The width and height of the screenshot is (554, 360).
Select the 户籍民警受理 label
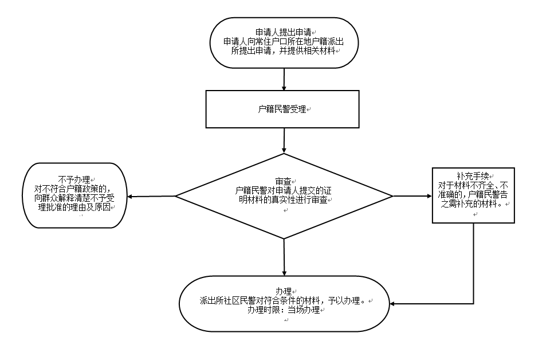[282, 109]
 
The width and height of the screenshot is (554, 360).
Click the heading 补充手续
[472, 175]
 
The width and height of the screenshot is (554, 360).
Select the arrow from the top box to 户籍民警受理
[284, 79]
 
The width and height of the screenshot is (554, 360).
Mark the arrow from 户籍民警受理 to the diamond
[284, 140]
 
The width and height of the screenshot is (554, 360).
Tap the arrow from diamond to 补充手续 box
[412, 196]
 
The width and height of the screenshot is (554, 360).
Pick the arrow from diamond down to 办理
[284, 256]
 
